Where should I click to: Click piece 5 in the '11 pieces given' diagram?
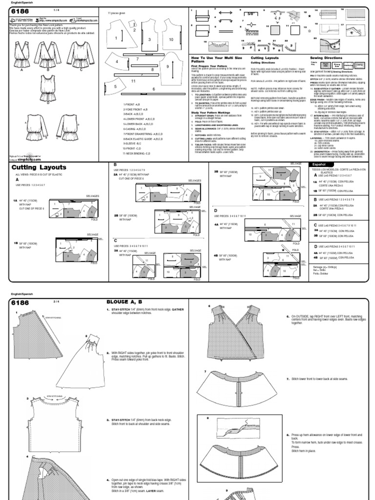115,86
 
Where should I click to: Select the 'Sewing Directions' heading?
327,58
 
